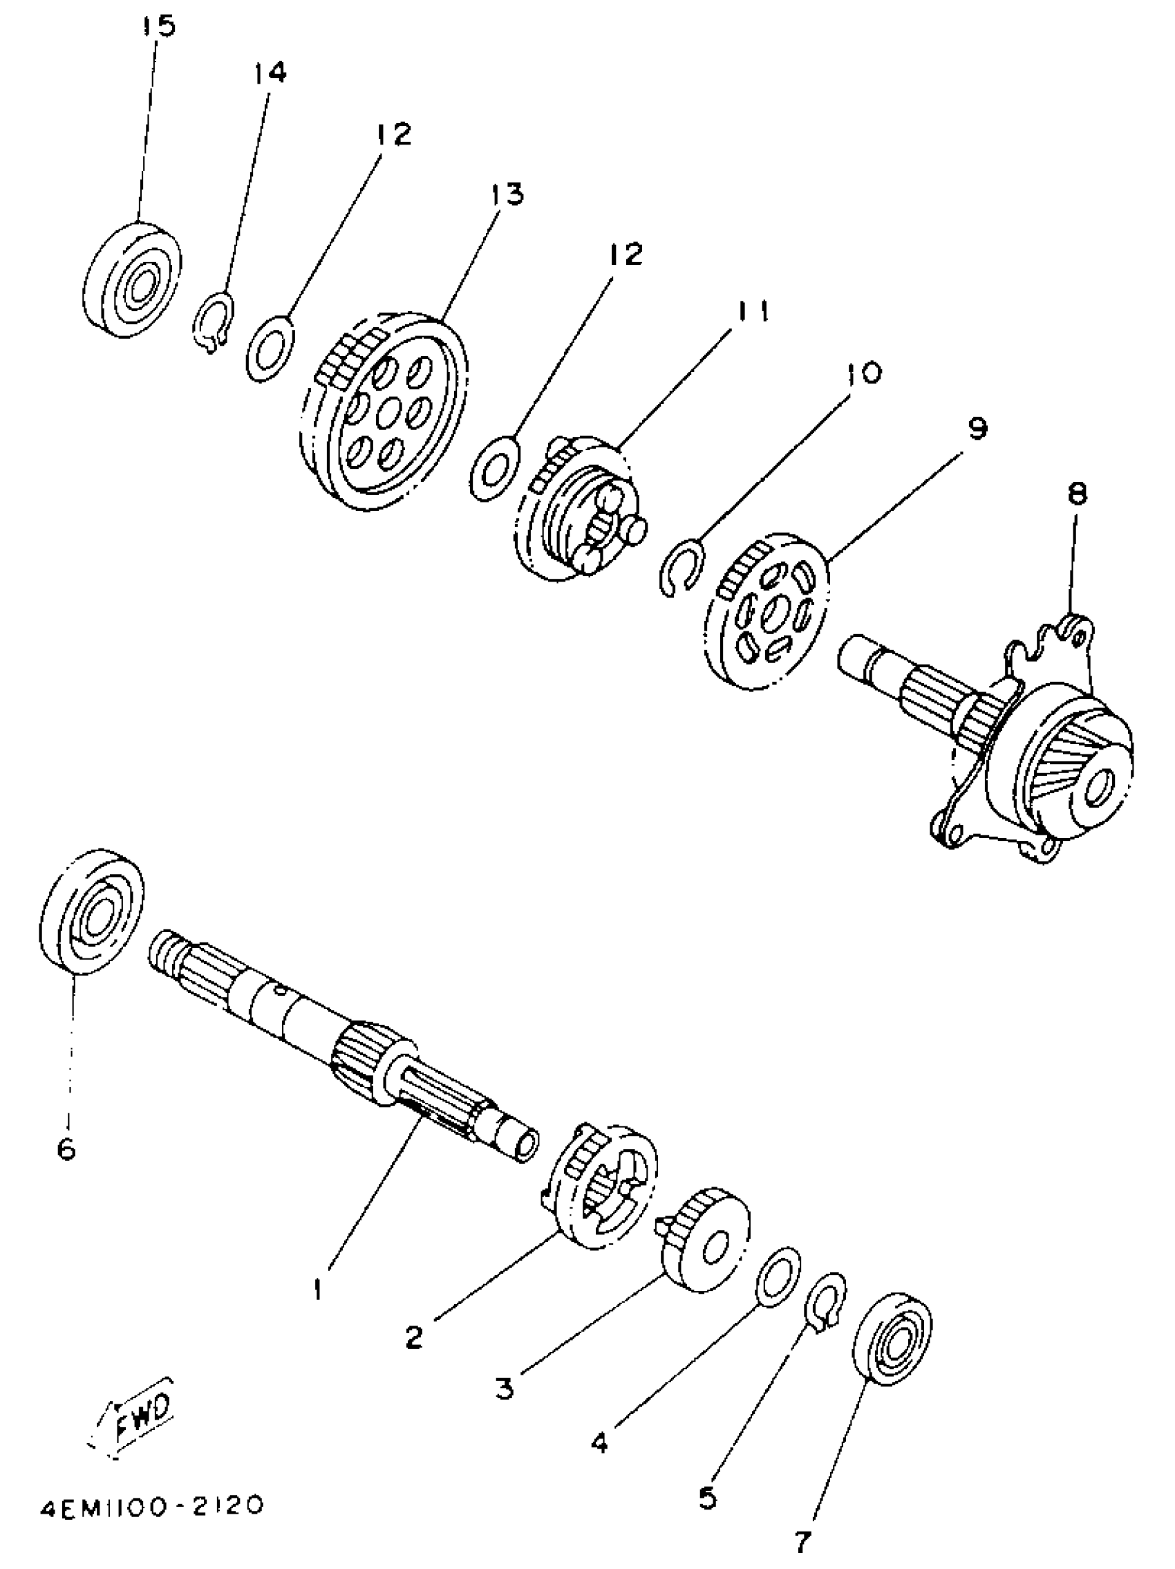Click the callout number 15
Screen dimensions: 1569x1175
(x=158, y=27)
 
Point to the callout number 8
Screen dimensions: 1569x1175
(x=1076, y=492)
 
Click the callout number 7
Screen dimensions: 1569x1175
(x=802, y=1541)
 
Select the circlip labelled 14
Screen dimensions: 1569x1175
(x=214, y=324)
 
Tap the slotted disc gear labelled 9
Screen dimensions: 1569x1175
(x=768, y=611)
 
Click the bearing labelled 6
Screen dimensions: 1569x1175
(x=91, y=911)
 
